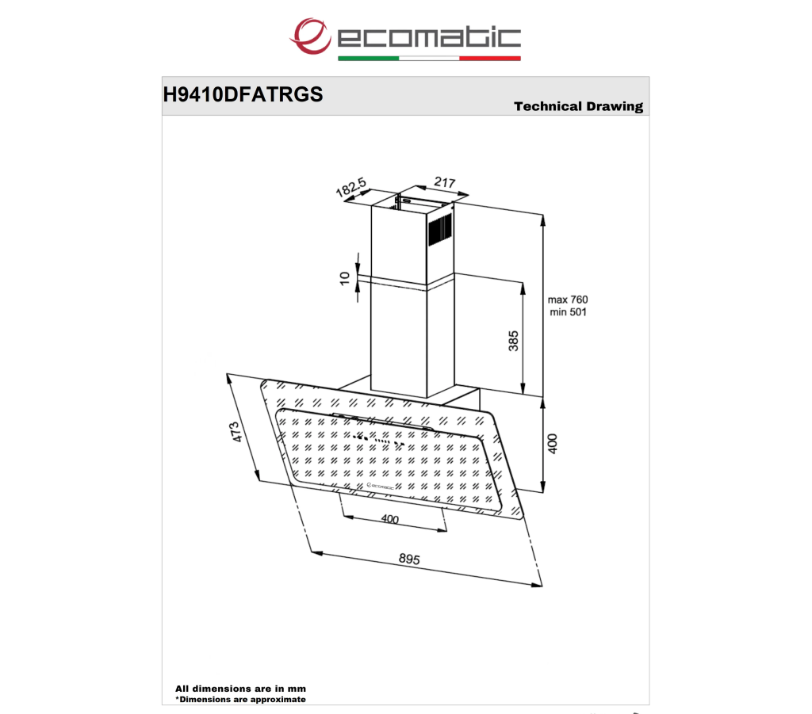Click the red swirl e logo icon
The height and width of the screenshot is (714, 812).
pos(310,36)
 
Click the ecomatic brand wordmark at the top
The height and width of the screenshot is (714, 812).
pos(429,37)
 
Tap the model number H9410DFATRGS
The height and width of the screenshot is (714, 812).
pos(243,94)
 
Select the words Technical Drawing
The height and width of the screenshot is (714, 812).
pos(578,106)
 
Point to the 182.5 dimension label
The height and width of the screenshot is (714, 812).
pos(350,187)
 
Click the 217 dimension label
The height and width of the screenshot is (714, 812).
pos(445,182)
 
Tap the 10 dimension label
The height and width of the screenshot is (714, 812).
pos(345,278)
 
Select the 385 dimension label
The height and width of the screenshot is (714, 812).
pos(513,341)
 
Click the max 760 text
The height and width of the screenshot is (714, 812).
pos(568,300)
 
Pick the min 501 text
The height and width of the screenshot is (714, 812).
pos(568,312)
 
